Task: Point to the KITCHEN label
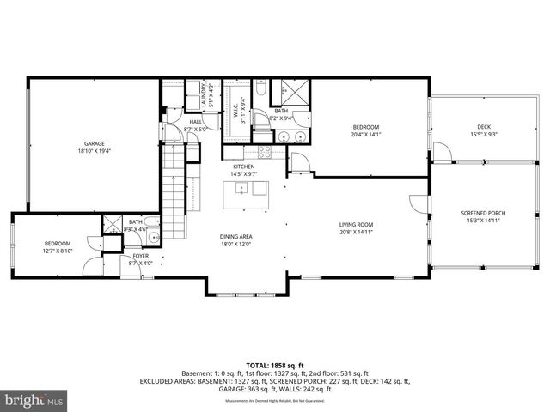point(242,167)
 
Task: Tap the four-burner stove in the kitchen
point(265,151)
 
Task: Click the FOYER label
point(139,256)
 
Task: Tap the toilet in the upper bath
point(260,88)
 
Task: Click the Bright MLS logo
point(34,400)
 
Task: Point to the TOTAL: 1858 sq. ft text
point(274,364)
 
